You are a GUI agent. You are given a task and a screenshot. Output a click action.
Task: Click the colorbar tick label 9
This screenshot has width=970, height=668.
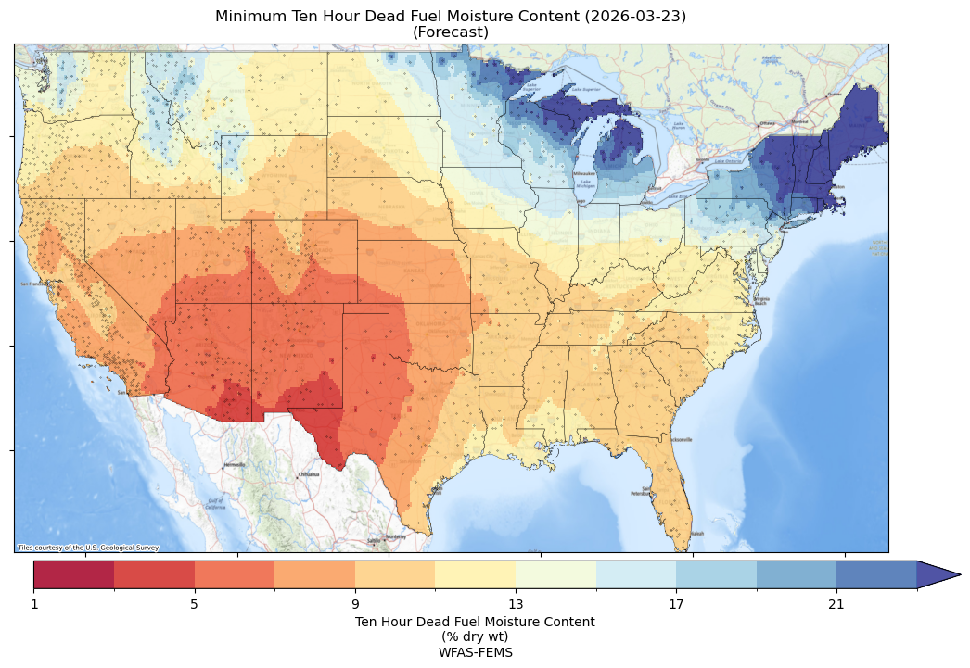coord(354,605)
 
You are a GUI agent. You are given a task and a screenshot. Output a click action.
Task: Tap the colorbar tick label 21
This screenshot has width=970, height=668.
coord(836,605)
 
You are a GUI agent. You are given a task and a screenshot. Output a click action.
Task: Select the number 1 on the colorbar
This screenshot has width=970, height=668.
coord(34,605)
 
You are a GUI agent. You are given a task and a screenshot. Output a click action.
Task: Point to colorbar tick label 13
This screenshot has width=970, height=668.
coord(515,605)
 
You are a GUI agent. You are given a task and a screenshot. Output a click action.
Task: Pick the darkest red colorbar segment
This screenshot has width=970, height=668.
coord(74,574)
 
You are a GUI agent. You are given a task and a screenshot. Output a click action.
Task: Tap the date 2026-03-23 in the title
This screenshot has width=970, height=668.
coord(638,17)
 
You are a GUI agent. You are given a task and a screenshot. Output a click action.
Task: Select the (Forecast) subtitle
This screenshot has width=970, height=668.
coord(451,32)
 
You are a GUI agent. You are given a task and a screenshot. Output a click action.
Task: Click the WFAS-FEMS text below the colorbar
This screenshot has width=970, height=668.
coord(475,652)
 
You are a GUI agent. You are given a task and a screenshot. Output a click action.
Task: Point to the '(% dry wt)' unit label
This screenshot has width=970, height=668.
coord(475,636)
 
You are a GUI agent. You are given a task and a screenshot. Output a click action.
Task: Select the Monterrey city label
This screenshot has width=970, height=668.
coord(396,536)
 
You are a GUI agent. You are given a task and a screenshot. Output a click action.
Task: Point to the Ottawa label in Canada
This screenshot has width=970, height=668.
coord(767,122)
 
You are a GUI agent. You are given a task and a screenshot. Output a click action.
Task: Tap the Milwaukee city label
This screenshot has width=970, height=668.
coord(583,173)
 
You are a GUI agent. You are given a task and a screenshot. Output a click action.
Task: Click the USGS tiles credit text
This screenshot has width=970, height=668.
coord(88,548)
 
